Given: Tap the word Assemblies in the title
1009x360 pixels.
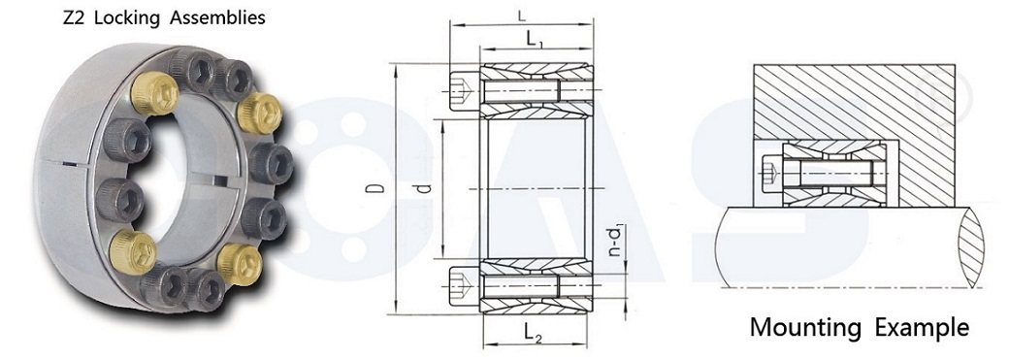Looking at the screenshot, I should (x=214, y=17).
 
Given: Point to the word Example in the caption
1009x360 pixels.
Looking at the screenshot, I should (x=922, y=327).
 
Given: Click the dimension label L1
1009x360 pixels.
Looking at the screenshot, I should (x=535, y=40).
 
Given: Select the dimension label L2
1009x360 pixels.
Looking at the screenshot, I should (x=534, y=333).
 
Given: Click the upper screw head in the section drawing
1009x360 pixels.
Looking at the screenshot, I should (x=465, y=91).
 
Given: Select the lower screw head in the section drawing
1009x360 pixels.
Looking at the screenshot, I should (x=465, y=286).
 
